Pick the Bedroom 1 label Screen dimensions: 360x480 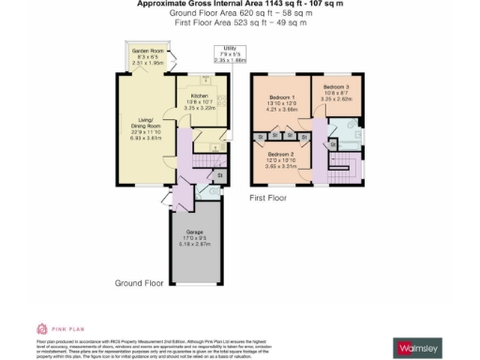[x=280, y=97]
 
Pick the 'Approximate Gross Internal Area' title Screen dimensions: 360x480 [x=240, y=4]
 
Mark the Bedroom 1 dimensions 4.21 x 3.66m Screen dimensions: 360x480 [x=280, y=110]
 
